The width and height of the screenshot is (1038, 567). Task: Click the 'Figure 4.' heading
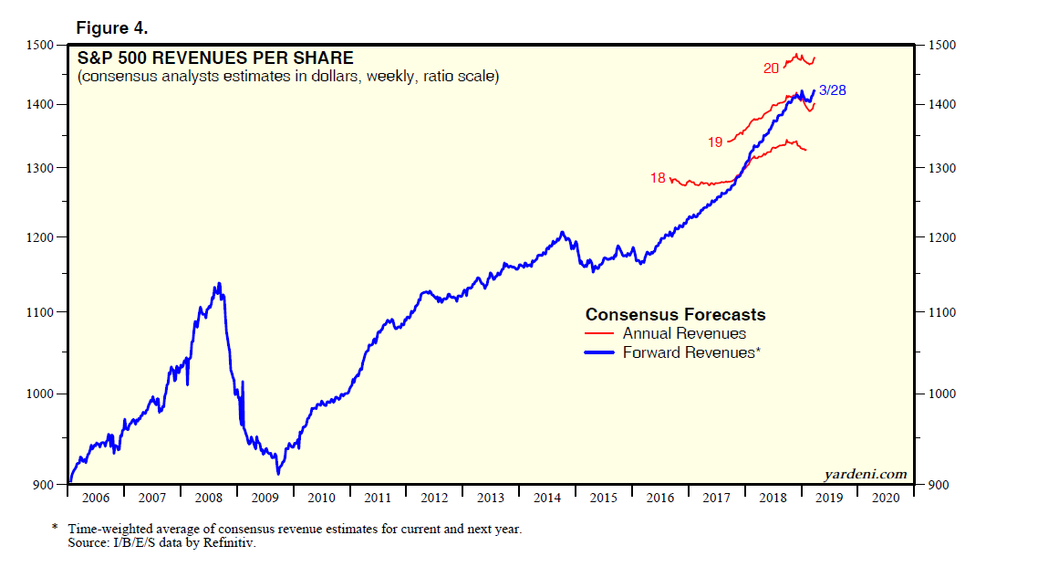pyautogui.click(x=111, y=29)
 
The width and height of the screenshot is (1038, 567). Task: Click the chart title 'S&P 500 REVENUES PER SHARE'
pyautogui.click(x=215, y=58)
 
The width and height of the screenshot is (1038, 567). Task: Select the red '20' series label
pyautogui.click(x=771, y=68)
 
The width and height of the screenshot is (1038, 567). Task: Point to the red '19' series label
pyautogui.click(x=714, y=142)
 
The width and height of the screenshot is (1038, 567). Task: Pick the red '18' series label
pyautogui.click(x=658, y=178)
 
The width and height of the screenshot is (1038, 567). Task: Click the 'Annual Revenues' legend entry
pyautogui.click(x=684, y=334)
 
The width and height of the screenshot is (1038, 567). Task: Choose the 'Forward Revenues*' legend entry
pyautogui.click(x=690, y=352)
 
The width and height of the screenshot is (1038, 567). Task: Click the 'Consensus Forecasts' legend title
pyautogui.click(x=675, y=315)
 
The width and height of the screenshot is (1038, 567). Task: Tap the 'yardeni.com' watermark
pyautogui.click(x=865, y=474)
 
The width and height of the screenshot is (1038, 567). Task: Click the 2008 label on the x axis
pyautogui.click(x=209, y=498)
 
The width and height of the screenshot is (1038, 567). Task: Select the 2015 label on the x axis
pyautogui.click(x=604, y=498)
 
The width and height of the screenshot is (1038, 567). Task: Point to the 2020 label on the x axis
pyautogui.click(x=885, y=498)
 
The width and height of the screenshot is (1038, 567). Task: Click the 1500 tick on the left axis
pyautogui.click(x=41, y=45)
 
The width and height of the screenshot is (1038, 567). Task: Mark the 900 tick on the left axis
pyautogui.click(x=45, y=485)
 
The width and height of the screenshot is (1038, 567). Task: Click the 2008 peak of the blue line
pyautogui.click(x=217, y=284)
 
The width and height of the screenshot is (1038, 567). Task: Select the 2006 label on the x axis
pyautogui.click(x=96, y=498)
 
